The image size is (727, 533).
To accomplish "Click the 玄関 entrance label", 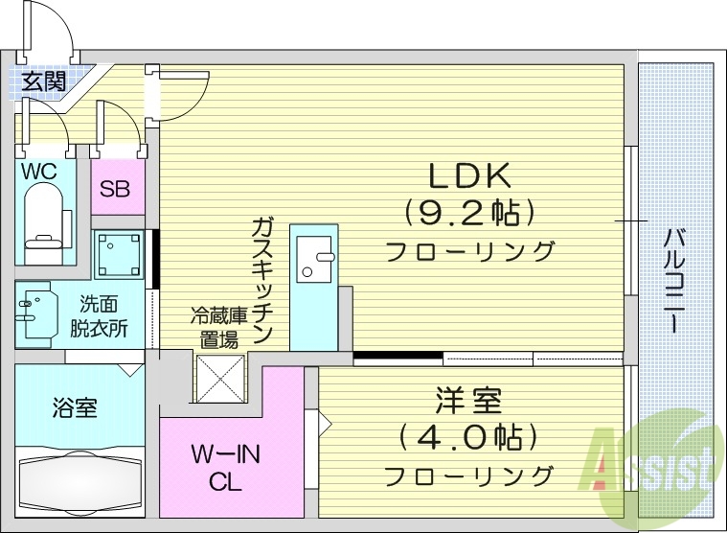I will point(43,81).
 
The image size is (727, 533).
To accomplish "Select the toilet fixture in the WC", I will point(44,220).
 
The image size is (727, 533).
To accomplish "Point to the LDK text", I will point(471,175).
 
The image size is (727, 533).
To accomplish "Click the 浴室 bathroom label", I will point(74,407).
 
